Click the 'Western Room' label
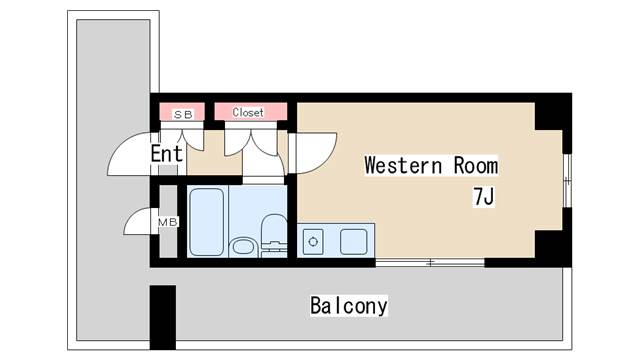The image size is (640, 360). [431, 165]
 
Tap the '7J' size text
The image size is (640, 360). [484, 197]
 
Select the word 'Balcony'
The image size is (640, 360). [349, 306]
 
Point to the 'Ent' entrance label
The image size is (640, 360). [167, 154]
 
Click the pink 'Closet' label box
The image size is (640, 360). [251, 112]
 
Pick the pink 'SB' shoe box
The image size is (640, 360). [182, 112]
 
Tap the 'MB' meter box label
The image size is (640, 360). [168, 222]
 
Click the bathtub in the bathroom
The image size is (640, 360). [207, 222]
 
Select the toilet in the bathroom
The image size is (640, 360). [273, 235]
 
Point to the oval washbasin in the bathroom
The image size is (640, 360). [243, 247]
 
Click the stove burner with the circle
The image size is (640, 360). [313, 242]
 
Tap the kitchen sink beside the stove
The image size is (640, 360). [353, 242]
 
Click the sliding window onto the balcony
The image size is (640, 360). [430, 262]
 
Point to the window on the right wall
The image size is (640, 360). [567, 180]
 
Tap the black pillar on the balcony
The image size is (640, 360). [163, 317]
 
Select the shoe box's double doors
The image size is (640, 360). [182, 139]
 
